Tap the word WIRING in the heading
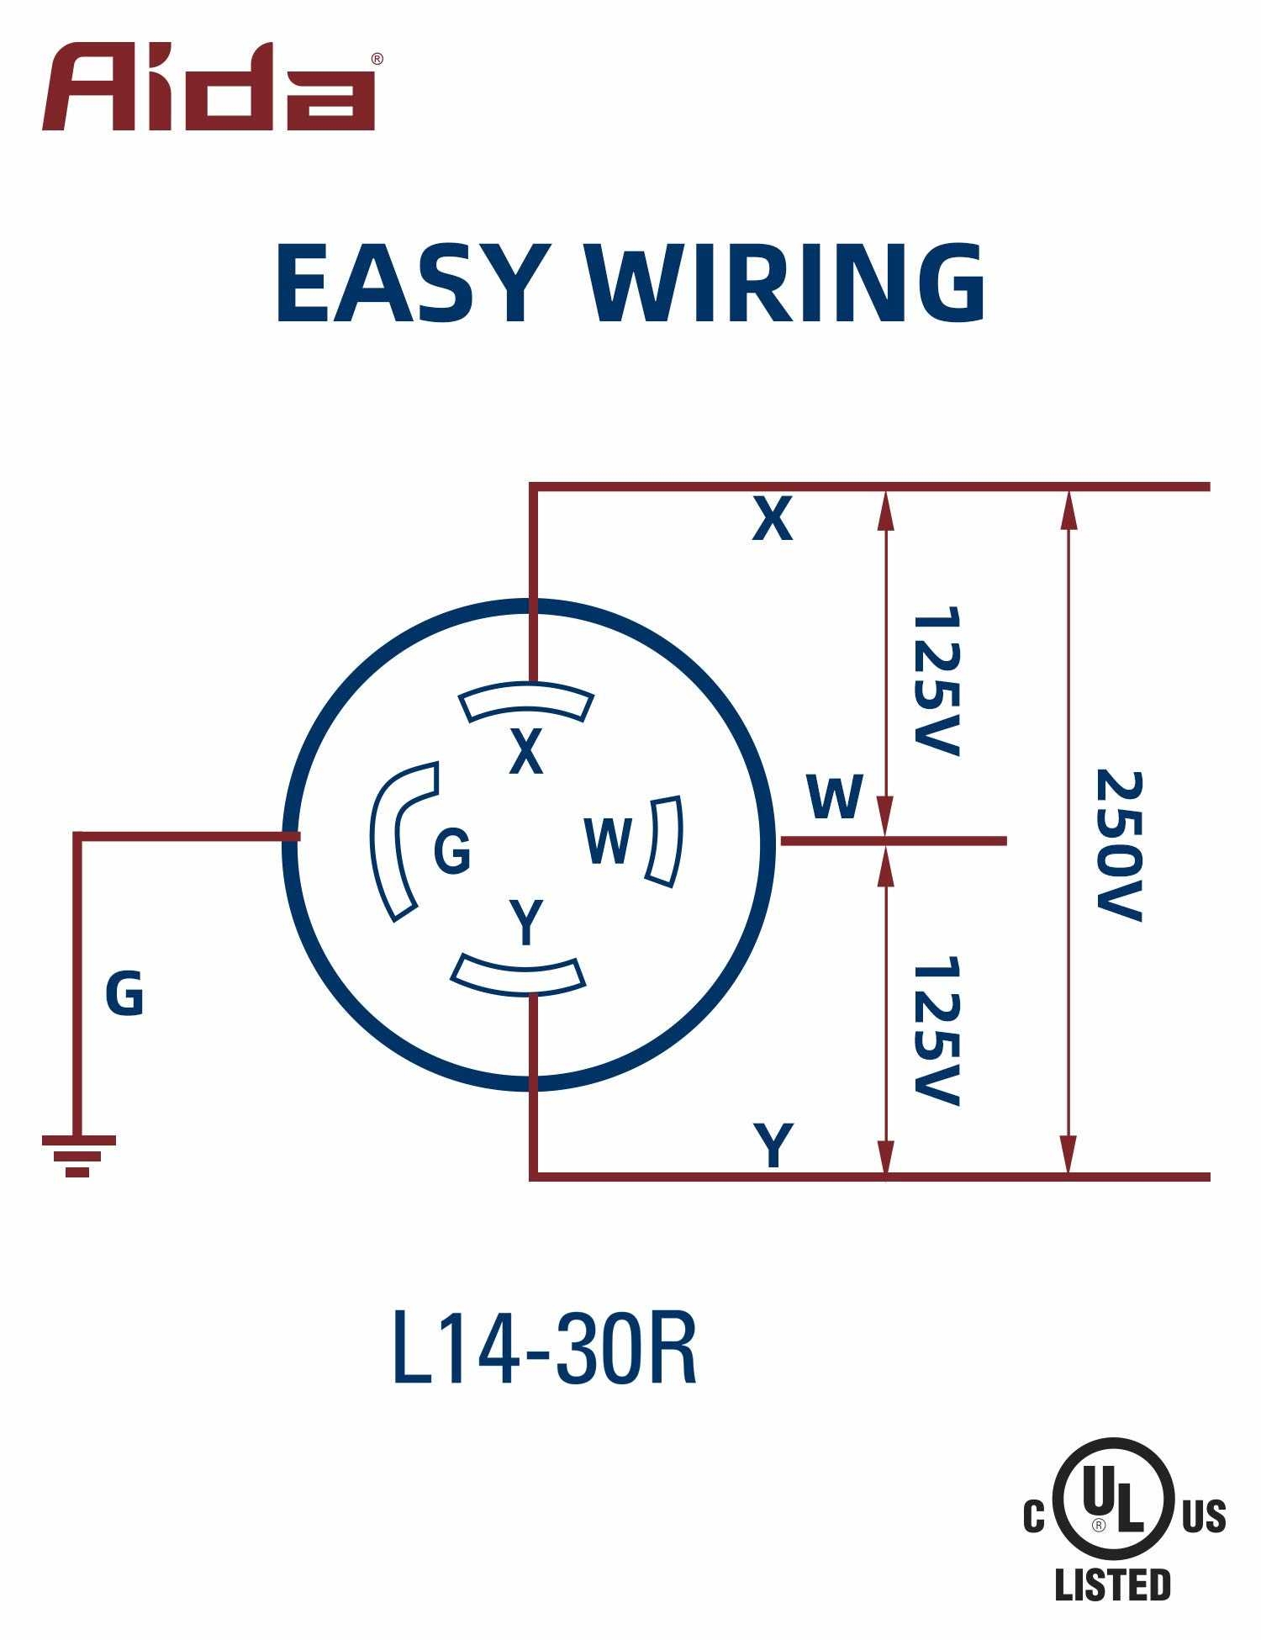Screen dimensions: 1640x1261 [x=786, y=283]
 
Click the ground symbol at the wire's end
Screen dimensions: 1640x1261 [x=78, y=1155]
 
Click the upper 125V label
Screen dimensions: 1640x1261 [x=935, y=681]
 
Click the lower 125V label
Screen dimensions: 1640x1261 [x=935, y=1030]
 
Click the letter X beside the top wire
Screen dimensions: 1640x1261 [x=772, y=519]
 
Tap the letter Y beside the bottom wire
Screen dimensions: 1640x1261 [x=773, y=1144]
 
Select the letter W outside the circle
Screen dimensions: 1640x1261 [x=834, y=796]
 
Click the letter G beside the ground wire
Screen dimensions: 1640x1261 [x=124, y=993]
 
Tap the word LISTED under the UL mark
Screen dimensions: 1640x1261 [x=1112, y=1584]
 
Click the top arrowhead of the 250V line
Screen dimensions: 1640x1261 [x=1068, y=509]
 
